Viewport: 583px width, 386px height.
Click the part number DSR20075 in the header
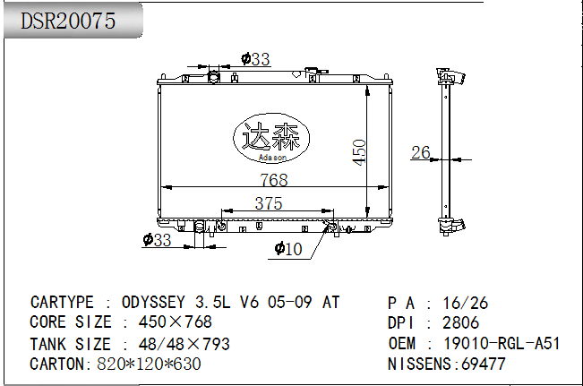68,21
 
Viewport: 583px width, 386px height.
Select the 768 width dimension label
274,180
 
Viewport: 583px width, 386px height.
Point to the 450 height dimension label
359,152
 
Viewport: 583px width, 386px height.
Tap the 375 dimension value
269,203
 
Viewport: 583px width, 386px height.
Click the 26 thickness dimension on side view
421,152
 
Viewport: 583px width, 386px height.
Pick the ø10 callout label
288,248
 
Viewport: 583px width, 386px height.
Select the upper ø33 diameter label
255,59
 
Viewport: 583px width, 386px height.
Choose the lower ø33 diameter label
157,240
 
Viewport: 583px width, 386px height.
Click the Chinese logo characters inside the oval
270,136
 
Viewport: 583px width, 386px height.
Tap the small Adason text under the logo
272,158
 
